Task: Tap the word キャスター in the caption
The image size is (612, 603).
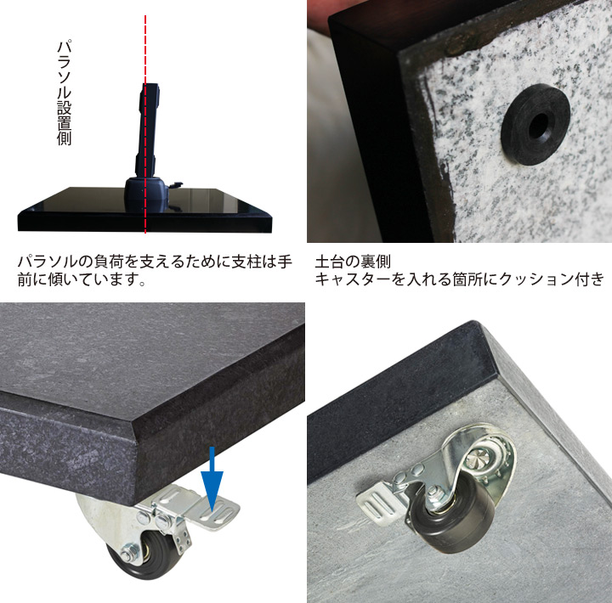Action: click(x=349, y=279)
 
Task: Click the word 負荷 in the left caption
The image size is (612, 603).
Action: click(x=108, y=262)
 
